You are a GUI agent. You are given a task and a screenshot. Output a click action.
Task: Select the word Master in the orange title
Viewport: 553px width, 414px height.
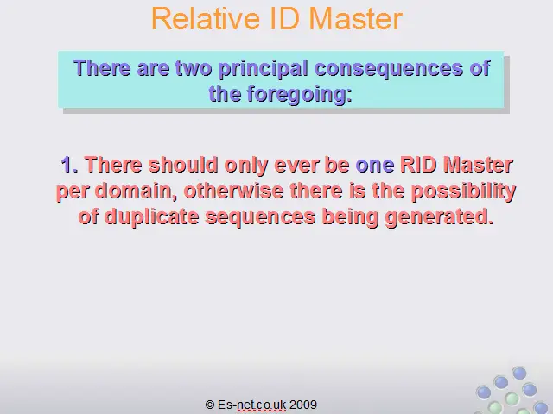coord(356,19)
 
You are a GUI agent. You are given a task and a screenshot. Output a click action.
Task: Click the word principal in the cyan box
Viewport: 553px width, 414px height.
coord(263,69)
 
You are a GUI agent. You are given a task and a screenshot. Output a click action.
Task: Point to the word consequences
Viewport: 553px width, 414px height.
coord(388,68)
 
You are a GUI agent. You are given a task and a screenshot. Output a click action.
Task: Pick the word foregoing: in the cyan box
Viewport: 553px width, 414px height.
coord(300,95)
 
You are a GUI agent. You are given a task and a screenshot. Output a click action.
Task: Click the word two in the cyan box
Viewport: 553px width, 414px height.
coord(194,68)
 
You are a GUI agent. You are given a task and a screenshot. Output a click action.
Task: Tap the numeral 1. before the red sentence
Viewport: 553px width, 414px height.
coord(69,165)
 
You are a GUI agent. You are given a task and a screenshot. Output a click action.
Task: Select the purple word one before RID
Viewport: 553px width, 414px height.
coord(374,166)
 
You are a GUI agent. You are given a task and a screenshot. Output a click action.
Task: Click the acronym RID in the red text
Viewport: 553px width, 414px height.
coord(418,165)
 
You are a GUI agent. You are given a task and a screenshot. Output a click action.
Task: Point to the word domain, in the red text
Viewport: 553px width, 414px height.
coord(136,191)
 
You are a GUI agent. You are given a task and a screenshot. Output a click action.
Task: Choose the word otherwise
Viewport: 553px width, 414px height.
coord(234,191)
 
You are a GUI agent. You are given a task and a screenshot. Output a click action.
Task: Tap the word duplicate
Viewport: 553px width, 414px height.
coord(152,217)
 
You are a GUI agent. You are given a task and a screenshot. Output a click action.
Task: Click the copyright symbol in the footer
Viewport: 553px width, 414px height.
coord(210,405)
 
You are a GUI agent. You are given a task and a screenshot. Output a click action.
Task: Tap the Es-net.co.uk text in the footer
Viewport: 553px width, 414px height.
coord(251,405)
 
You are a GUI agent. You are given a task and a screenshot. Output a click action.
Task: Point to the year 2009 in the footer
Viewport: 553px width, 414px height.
coord(303,405)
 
